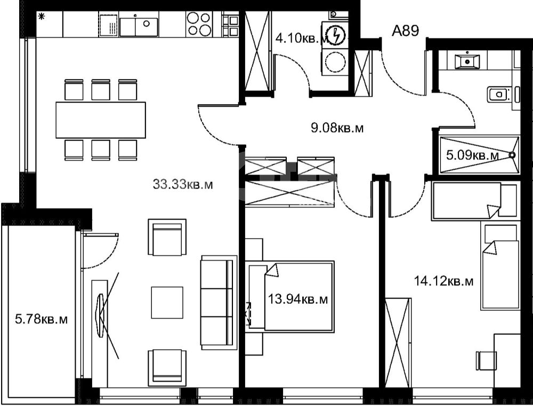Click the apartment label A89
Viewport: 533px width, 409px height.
click(x=405, y=30)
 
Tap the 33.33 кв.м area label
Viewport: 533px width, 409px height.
click(x=183, y=185)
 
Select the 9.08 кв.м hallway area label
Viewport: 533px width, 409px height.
click(x=337, y=128)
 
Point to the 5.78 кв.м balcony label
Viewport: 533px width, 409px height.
click(x=42, y=319)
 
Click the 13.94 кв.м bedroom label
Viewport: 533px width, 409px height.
click(x=298, y=300)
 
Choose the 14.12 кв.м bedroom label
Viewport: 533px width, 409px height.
click(x=443, y=281)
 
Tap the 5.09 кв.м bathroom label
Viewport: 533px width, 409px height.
click(x=472, y=155)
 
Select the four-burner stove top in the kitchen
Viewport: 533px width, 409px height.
click(x=199, y=23)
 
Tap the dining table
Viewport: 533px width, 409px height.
click(x=101, y=120)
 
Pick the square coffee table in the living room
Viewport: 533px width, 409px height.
click(x=167, y=302)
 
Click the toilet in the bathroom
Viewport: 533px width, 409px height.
click(x=499, y=94)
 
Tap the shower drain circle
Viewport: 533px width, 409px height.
click(x=512, y=155)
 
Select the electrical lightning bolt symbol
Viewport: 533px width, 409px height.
click(x=336, y=35)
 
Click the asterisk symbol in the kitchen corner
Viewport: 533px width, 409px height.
click(x=42, y=17)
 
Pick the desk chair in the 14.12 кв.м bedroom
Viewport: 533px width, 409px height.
click(x=484, y=360)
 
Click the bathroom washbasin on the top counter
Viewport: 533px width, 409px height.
click(x=467, y=61)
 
